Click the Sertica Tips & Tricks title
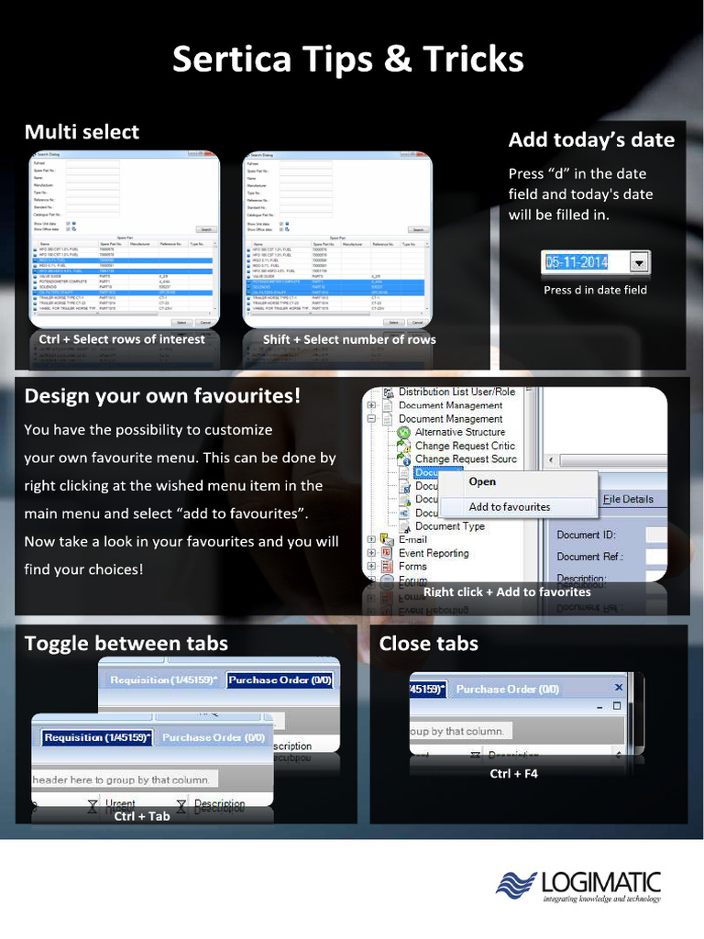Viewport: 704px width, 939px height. click(347, 60)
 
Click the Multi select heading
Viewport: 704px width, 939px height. click(82, 132)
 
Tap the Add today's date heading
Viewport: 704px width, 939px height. click(591, 140)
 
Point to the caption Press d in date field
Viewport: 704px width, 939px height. click(595, 290)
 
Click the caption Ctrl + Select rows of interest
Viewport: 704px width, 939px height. click(122, 339)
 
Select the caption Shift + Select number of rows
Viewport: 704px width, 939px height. click(349, 339)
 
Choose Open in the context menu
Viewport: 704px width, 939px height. click(482, 481)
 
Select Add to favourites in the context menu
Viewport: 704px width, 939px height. click(510, 506)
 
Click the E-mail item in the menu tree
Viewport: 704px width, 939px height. click(412, 540)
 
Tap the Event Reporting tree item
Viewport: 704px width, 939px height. click(434, 553)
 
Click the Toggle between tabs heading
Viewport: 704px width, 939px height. click(126, 644)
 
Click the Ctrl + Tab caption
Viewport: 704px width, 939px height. click(142, 816)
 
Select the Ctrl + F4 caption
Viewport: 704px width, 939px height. click(513, 774)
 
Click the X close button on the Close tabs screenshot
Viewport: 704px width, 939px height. click(619, 687)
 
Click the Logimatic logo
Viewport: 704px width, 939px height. click(578, 886)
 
